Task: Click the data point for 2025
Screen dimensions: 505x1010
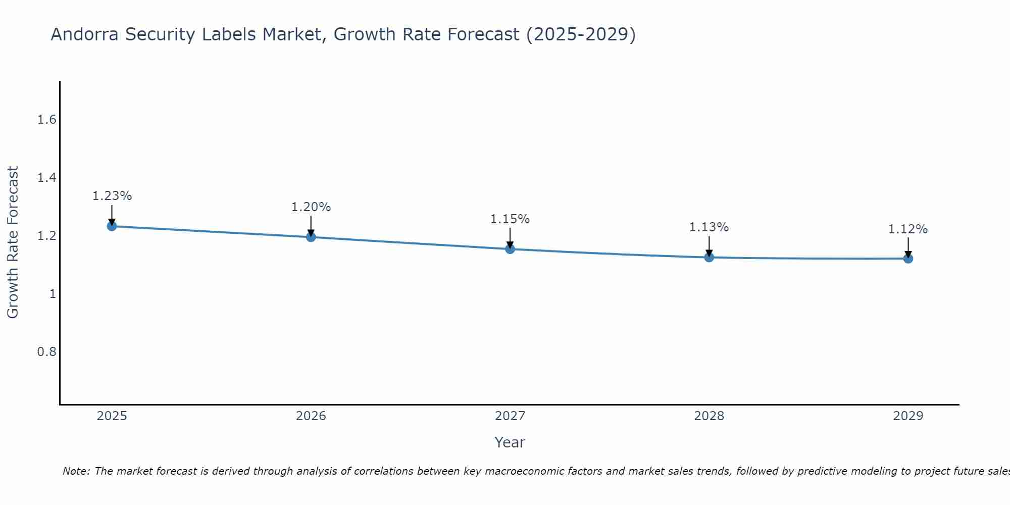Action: point(112,226)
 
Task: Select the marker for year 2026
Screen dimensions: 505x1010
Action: point(311,237)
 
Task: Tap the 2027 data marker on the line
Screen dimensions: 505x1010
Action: point(510,249)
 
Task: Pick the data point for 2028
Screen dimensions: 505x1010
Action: point(709,257)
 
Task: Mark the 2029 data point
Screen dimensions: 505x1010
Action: point(908,259)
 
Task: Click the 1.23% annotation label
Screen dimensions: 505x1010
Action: point(112,196)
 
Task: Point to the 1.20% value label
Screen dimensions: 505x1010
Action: point(311,207)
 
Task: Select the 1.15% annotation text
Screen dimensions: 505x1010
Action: point(510,219)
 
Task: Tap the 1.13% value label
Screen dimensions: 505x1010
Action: point(709,227)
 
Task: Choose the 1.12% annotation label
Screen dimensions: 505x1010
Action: point(908,229)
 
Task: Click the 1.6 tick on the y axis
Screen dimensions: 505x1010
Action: point(46,120)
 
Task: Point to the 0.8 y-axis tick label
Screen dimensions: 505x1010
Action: point(46,351)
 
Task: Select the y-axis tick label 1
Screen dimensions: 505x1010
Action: point(53,293)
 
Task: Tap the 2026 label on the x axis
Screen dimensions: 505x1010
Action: point(311,416)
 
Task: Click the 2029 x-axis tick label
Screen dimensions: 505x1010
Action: point(908,416)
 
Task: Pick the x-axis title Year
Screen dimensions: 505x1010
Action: point(510,442)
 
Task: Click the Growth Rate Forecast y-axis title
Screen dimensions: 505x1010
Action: point(13,242)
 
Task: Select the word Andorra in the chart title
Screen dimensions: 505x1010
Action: point(85,34)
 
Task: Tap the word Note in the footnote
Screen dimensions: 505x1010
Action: point(76,471)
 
